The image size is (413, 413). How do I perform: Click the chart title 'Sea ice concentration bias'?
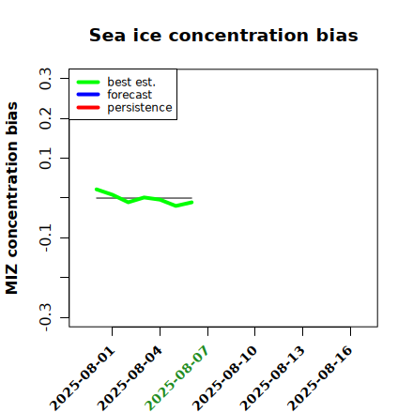tap(223, 35)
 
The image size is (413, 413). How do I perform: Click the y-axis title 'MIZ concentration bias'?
tap(12, 198)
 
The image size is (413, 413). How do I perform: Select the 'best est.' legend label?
tap(131, 82)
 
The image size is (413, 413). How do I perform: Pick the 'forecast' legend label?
tap(130, 95)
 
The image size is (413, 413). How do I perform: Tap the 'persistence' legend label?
tap(140, 108)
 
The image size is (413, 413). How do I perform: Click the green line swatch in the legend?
tap(88, 82)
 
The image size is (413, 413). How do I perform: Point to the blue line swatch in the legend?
tap(88, 95)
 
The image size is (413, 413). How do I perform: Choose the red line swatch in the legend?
tap(88, 108)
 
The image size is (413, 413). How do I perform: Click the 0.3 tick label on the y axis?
tap(45, 79)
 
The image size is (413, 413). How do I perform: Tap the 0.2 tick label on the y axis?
tap(45, 118)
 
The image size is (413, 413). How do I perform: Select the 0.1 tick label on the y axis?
tap(45, 159)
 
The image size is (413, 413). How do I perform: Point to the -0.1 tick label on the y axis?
tap(46, 238)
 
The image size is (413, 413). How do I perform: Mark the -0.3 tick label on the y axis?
tap(46, 318)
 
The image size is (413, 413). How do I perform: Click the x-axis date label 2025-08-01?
tap(83, 378)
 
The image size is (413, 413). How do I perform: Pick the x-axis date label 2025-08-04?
tap(130, 378)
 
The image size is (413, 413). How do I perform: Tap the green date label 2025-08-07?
tap(176, 378)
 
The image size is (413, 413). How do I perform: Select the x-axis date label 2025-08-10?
tap(224, 378)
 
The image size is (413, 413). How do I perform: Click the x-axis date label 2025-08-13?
tap(272, 378)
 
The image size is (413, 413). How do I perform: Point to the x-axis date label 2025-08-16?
tap(320, 378)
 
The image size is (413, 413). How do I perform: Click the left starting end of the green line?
tap(97, 190)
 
